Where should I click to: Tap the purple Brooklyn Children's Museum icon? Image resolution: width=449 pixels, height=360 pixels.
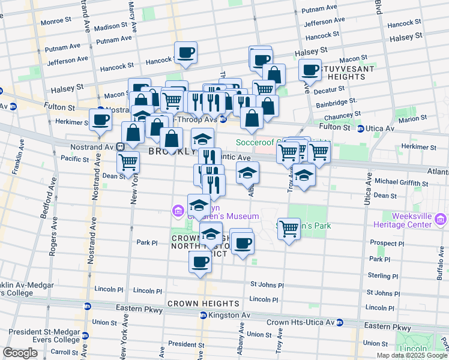click(x=178, y=211)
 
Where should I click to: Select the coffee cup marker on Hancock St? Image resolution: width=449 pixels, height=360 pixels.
click(x=185, y=53)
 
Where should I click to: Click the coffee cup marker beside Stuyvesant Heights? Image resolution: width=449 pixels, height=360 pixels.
click(x=310, y=70)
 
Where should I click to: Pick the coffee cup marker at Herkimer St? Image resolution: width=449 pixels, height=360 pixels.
click(x=100, y=119)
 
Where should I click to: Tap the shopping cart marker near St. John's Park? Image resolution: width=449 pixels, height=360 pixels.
click(x=289, y=229)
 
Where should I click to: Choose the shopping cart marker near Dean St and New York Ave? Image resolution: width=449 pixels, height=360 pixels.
click(x=128, y=162)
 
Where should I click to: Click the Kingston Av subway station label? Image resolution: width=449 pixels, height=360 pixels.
click(x=228, y=315)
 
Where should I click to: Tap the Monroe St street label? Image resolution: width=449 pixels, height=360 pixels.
click(x=56, y=21)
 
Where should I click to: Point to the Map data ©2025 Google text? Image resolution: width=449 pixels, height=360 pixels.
click(x=411, y=355)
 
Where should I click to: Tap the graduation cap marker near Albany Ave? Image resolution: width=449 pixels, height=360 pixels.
click(x=247, y=173)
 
